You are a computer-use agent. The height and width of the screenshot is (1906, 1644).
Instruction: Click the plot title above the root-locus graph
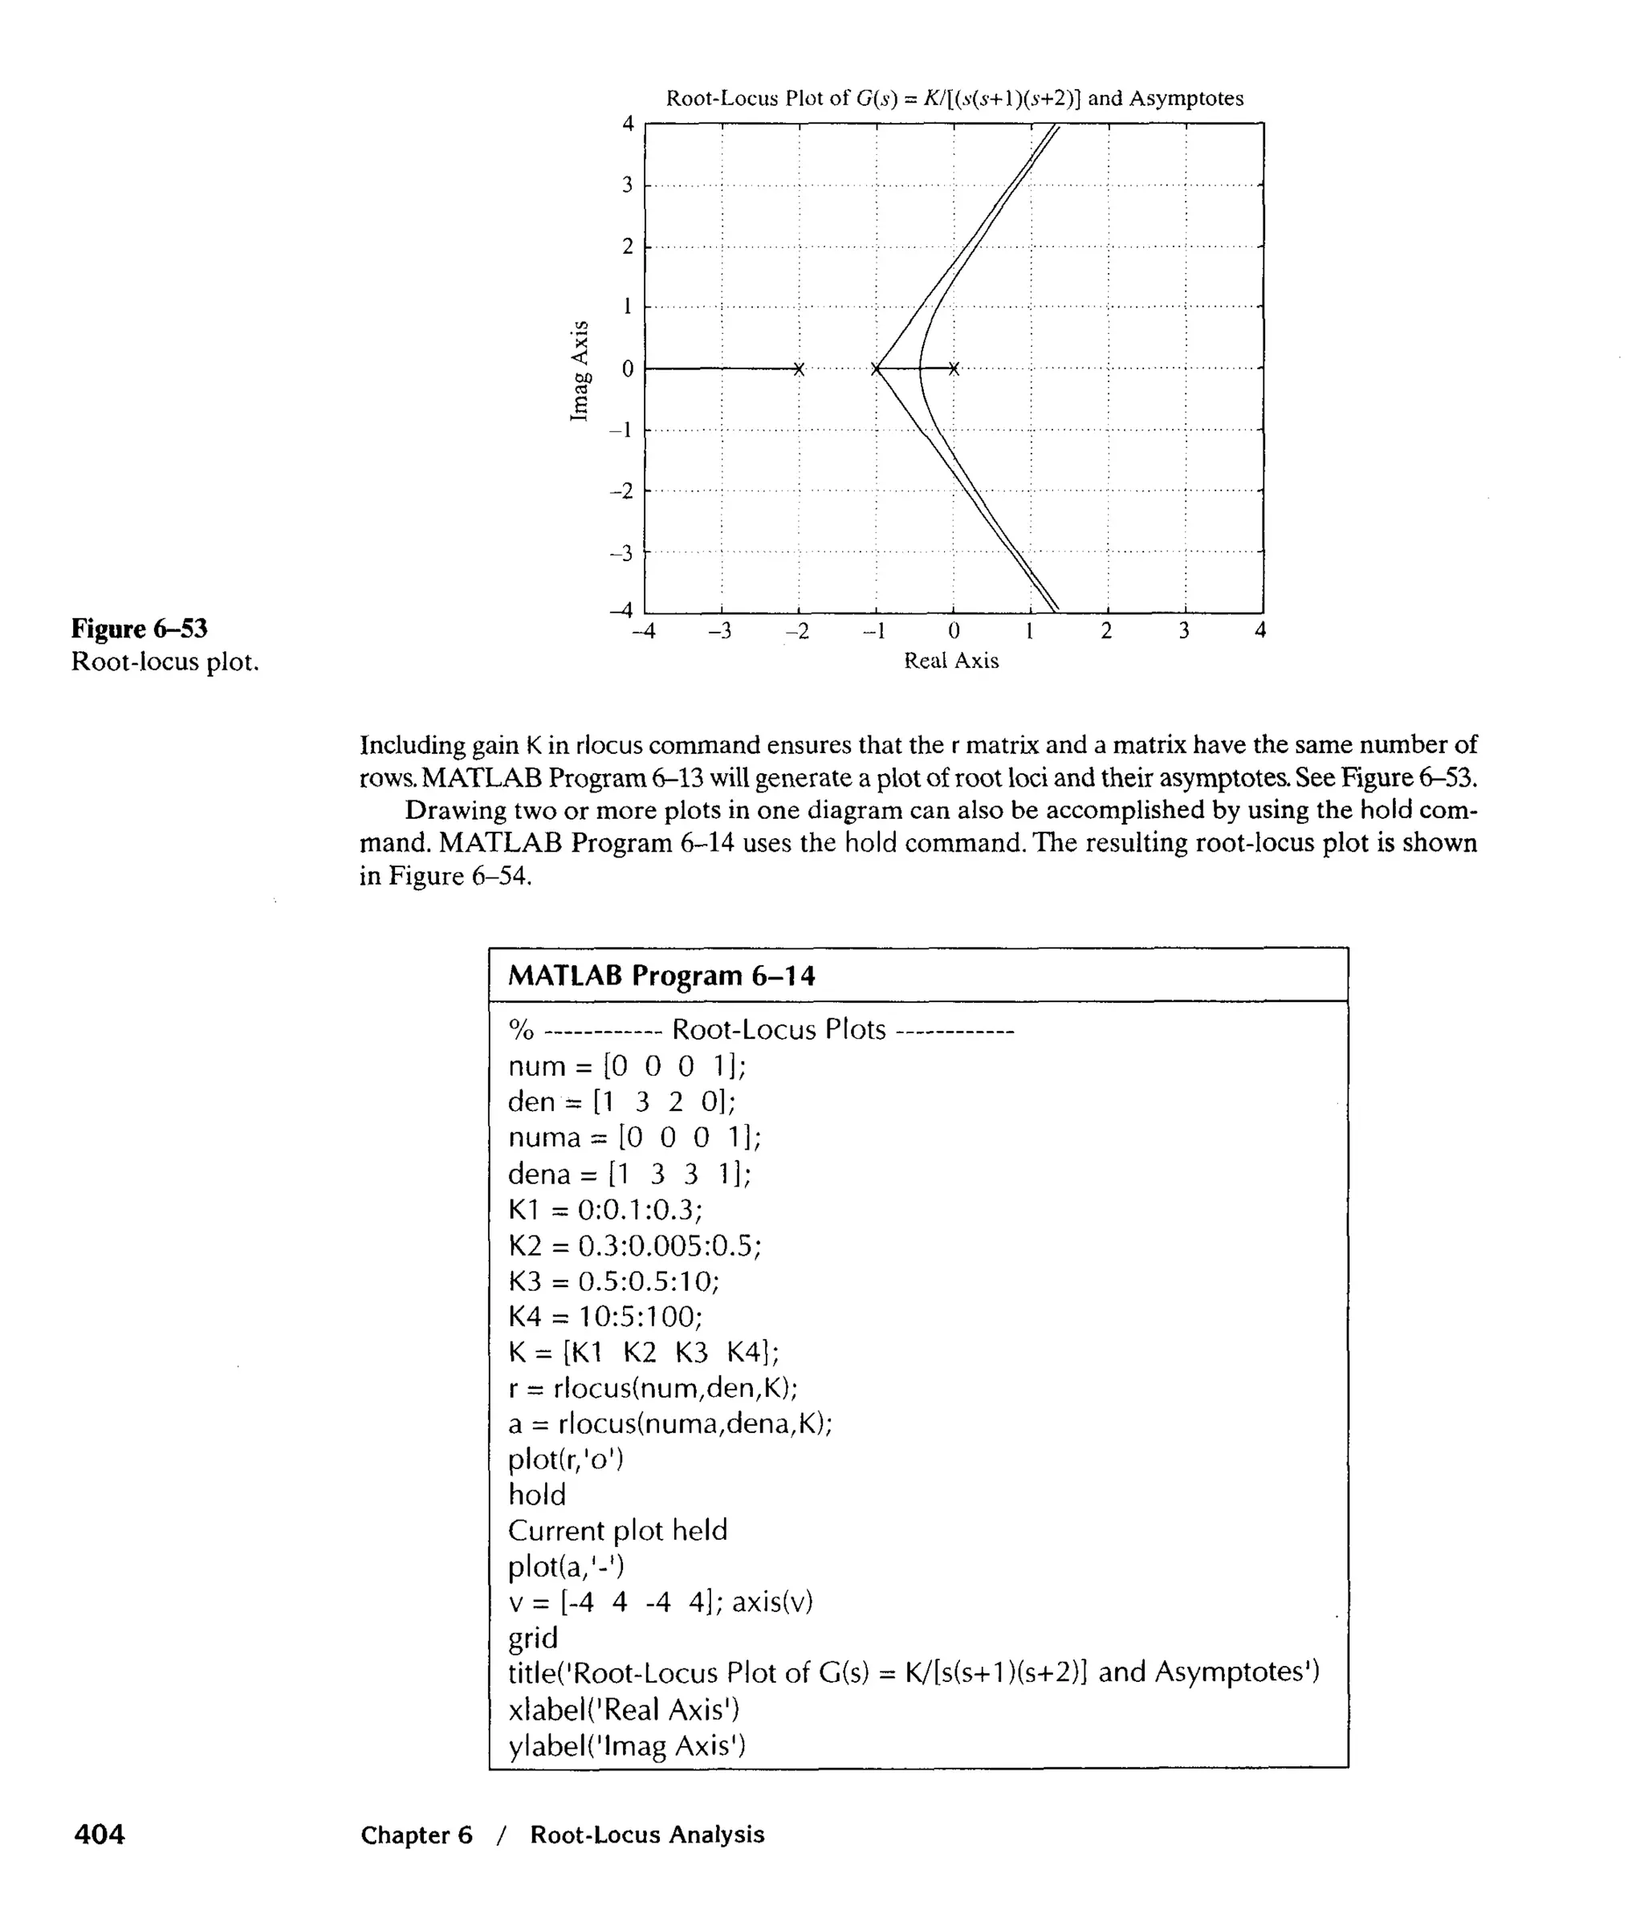[954, 99]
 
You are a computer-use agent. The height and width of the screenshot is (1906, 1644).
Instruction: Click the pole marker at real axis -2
[799, 369]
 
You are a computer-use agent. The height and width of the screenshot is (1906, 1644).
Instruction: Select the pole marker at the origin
[954, 369]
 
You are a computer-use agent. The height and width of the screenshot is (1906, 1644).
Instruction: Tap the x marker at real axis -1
[876, 369]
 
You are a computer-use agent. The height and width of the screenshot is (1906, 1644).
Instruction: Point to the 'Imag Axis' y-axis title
[579, 371]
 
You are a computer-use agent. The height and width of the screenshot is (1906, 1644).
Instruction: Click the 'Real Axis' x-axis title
[950, 661]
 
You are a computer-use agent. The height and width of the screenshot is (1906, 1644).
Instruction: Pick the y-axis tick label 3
[628, 185]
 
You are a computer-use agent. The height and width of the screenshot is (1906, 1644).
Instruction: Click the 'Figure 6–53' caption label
[140, 629]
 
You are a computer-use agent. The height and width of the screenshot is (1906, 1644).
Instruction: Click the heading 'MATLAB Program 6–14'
[661, 975]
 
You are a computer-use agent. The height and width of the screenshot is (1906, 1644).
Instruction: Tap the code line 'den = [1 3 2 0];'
[622, 1101]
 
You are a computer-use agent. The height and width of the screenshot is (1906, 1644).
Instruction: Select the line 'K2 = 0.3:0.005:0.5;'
[635, 1245]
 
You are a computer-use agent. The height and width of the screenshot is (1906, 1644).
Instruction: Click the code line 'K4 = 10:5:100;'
[605, 1318]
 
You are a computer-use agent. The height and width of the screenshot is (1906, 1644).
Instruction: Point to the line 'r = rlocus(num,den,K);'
[653, 1388]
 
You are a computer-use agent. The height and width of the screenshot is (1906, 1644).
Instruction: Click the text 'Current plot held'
[617, 1531]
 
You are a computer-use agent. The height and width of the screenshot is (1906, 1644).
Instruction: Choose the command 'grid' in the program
[533, 1639]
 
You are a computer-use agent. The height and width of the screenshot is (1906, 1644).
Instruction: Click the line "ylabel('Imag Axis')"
[626, 1745]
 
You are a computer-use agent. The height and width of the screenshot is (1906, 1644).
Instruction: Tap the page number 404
[100, 1835]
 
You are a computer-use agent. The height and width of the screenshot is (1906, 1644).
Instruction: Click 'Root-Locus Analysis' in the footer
[647, 1835]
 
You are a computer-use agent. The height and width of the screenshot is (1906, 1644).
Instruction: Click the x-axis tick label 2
[1107, 631]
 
